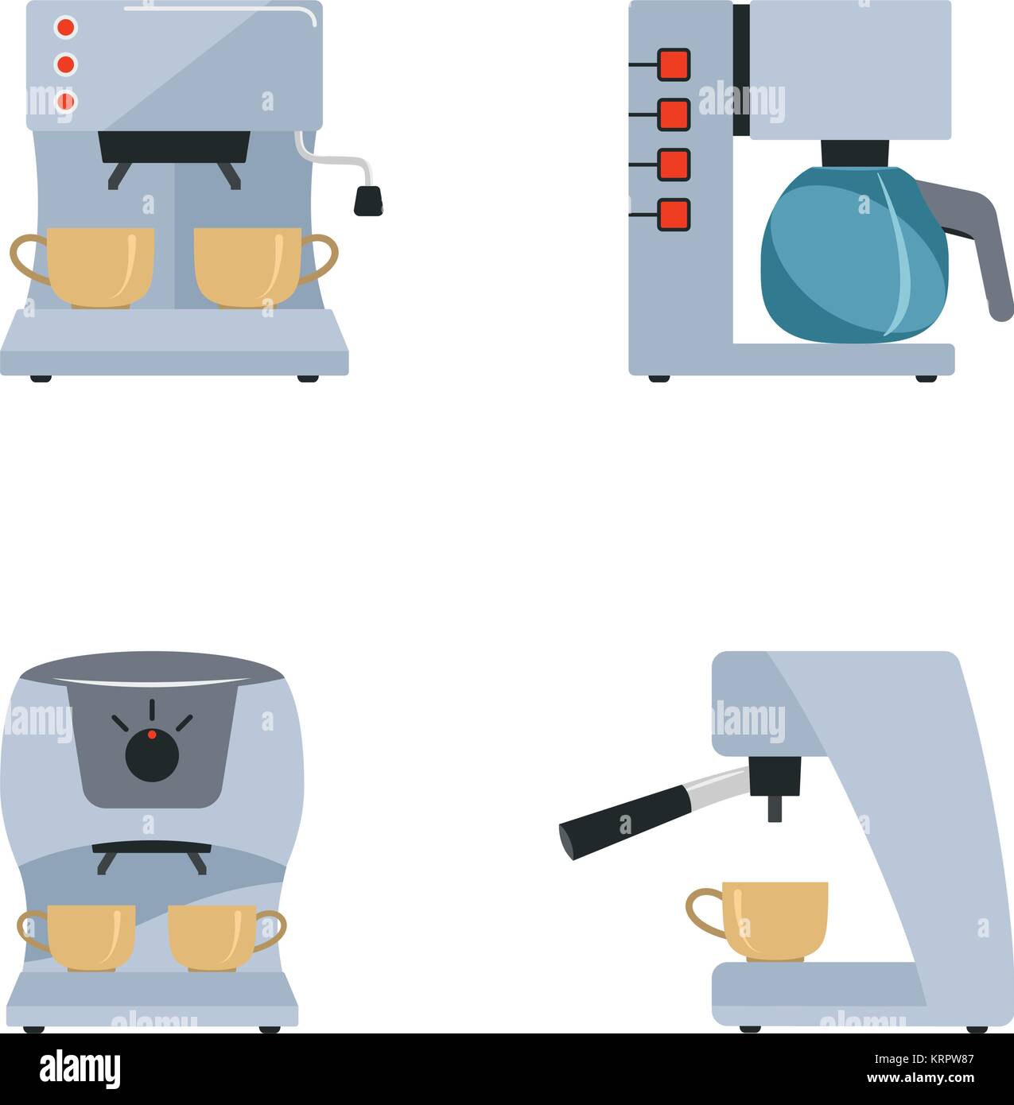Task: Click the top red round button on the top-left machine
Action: coord(65,27)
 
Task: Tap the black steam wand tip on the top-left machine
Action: coord(367,201)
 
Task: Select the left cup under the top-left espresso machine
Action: coord(99,267)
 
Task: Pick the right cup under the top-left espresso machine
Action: coord(248,267)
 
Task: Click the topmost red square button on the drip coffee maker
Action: coord(674,64)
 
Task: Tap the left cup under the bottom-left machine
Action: coord(90,936)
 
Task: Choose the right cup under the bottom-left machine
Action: coord(212,936)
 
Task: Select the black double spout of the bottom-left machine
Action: coord(152,853)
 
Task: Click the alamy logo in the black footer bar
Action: coord(80,1068)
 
